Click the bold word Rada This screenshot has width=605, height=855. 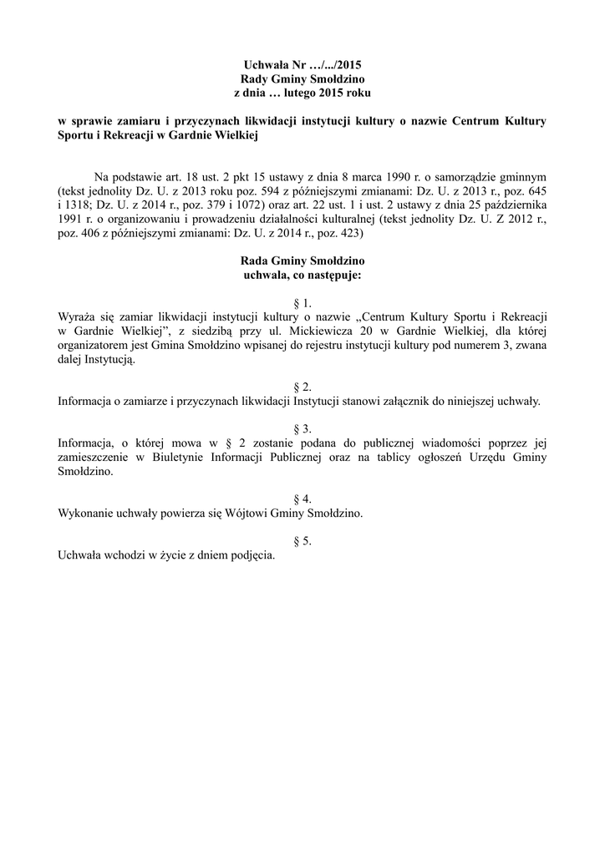256,261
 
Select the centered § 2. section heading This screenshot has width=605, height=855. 302,387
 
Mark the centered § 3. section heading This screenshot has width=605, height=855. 302,428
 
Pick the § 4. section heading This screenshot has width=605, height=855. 302,498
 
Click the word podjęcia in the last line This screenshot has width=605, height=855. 251,554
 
